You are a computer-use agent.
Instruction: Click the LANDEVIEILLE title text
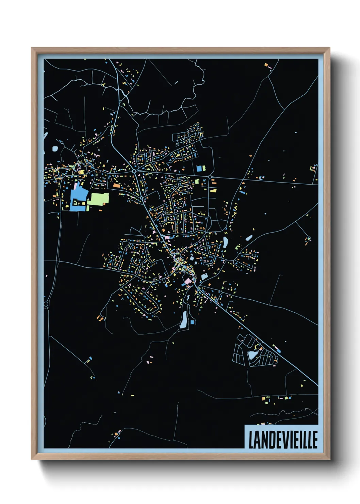coord(283,440)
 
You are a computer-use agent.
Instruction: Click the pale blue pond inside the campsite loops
coord(252,355)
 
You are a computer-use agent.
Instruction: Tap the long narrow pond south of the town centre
coord(184,320)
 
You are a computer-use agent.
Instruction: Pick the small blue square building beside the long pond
coord(193,322)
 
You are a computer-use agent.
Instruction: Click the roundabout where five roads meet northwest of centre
coord(135,171)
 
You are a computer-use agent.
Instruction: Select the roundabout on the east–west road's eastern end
coord(210,176)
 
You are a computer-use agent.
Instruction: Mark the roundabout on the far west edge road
coord(46,304)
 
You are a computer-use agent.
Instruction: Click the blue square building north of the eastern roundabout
coord(199,168)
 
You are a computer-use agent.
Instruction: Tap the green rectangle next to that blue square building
coord(204,168)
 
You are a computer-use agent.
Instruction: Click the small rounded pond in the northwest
coord(55,148)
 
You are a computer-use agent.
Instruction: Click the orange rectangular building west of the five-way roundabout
coord(117,186)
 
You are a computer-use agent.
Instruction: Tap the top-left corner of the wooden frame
coord(32,48)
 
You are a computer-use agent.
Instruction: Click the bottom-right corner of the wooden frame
coord(329,460)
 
